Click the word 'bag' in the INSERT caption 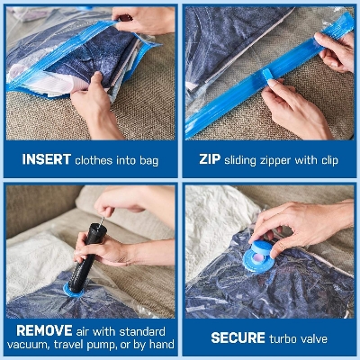click(148, 159)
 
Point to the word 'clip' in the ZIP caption click(338, 159)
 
